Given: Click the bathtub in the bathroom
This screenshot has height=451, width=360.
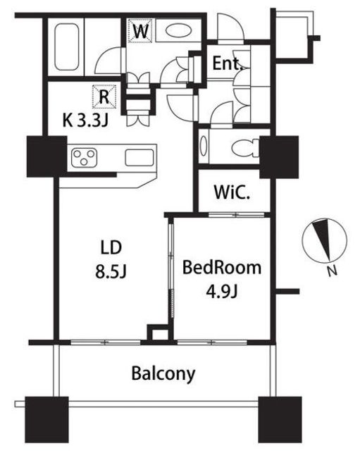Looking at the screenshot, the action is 66,47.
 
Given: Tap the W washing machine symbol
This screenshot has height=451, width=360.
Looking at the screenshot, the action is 140,31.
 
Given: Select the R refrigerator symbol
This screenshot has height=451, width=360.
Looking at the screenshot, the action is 104,97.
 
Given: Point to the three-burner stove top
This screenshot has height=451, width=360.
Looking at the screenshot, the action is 84,157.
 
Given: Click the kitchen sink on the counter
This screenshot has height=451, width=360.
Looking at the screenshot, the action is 139,158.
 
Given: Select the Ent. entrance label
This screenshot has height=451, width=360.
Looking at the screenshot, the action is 227,63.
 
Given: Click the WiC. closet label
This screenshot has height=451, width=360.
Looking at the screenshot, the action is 232,192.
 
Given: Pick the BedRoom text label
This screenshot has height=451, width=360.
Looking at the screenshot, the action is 222,268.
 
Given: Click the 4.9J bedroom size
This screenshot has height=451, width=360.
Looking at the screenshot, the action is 221,292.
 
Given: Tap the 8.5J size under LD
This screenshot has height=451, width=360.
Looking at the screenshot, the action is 111,271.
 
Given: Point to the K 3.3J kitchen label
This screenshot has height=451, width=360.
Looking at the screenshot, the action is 85,121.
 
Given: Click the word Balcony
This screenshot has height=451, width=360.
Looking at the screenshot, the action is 163,373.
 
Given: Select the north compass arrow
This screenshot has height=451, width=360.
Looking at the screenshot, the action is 323,240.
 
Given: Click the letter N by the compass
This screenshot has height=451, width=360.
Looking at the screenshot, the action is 333,271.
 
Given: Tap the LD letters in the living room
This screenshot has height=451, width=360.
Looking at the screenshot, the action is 111,248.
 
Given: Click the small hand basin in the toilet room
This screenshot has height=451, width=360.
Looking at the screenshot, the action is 204,146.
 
